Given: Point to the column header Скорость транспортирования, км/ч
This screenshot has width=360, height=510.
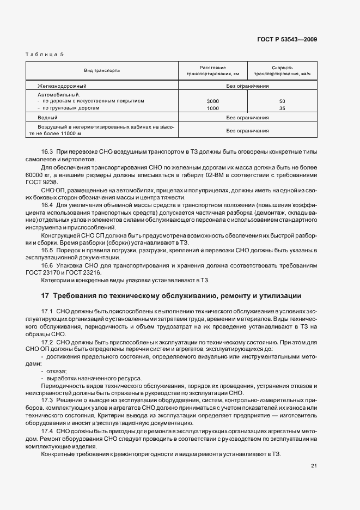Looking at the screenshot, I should click(282, 71).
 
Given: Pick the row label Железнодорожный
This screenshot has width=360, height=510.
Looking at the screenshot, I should click(62, 86).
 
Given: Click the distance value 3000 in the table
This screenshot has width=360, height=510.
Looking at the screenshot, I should click(213, 101).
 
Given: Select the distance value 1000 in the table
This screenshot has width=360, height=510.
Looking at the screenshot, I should click(213, 108).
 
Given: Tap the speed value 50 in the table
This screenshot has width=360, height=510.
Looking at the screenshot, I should click(282, 101).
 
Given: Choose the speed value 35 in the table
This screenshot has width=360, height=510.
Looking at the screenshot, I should click(282, 108).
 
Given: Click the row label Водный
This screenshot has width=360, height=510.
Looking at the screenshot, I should click(48, 118).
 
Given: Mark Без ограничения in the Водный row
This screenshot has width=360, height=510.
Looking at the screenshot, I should click(248, 118).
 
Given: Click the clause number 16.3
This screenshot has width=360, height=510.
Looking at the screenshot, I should click(48, 151).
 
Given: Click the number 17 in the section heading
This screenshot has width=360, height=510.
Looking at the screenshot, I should click(45, 296).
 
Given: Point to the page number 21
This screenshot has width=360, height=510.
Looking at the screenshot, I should click(314, 465).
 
